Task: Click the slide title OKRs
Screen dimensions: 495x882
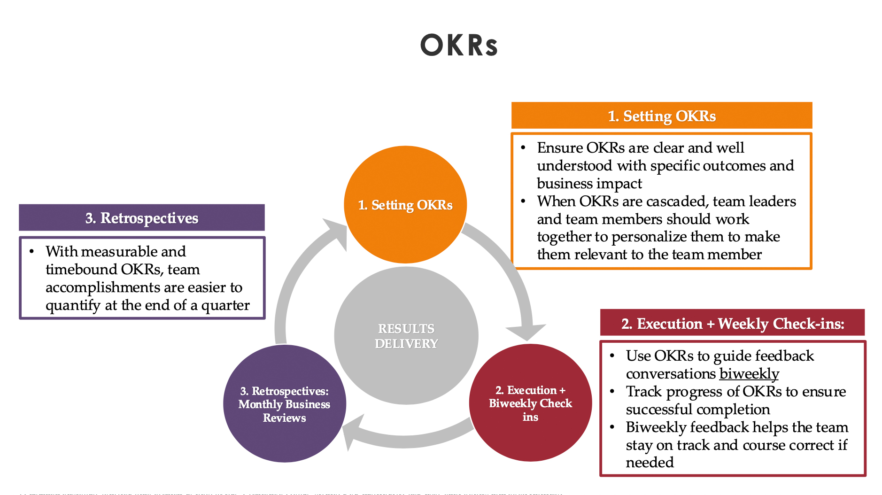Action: tap(458, 46)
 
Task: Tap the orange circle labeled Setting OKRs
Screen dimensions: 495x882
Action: tap(405, 205)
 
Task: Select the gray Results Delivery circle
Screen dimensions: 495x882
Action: tap(406, 336)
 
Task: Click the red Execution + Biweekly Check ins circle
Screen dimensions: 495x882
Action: tap(530, 403)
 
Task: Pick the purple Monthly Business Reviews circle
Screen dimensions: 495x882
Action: tap(284, 404)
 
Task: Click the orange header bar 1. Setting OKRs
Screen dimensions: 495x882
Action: tap(661, 116)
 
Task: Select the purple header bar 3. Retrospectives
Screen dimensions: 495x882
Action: tap(141, 218)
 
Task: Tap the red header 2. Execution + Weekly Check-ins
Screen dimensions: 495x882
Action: tap(732, 323)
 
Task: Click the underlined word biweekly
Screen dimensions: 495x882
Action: tap(749, 374)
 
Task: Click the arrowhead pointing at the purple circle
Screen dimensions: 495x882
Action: tap(353, 432)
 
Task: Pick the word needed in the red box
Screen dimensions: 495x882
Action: tap(649, 463)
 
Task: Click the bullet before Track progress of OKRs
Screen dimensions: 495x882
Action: tap(612, 391)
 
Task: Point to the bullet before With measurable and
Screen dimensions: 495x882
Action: tap(31, 251)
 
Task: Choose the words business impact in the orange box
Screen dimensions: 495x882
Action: tap(589, 183)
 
